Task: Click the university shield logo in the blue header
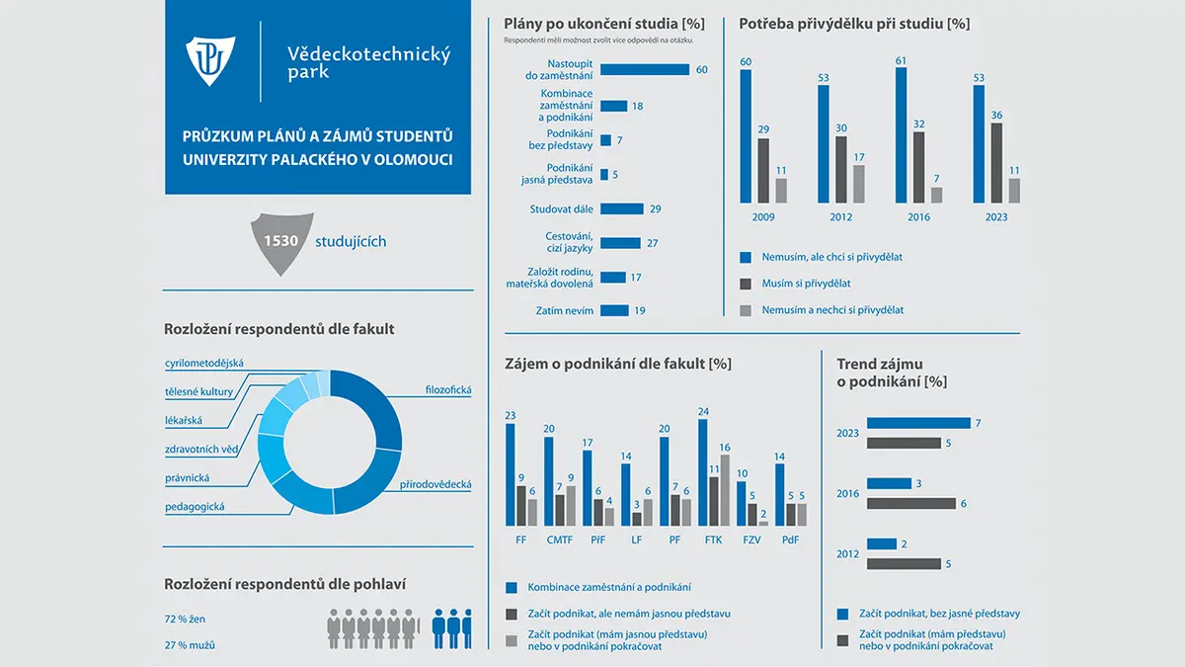210,60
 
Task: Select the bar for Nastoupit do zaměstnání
644,69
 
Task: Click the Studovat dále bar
621,209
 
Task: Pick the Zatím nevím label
565,310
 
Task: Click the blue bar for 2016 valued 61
901,135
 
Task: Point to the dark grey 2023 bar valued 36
996,163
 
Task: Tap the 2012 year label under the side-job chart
840,217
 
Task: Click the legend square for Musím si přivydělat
746,284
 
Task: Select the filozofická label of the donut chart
448,390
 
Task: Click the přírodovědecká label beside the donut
435,484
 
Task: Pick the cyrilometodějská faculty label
204,364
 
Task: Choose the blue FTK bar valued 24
702,472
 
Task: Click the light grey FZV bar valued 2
763,524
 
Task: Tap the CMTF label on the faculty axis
559,540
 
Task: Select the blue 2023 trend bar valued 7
918,423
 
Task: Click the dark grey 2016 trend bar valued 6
910,503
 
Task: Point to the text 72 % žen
185,619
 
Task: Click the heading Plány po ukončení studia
604,24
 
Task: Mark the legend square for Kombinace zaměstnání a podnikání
512,588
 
